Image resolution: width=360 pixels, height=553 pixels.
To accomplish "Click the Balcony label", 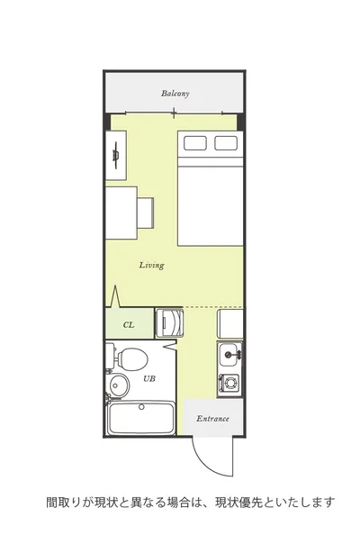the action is pos(175,94).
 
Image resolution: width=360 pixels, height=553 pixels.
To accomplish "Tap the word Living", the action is pos(151,265).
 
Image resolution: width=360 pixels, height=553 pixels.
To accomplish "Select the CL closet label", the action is pos(129,325).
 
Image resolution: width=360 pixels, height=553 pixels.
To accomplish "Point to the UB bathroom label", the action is pos(149,379).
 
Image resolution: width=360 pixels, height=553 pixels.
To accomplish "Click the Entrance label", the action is pos(212,419).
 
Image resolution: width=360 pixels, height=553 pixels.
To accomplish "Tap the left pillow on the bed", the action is pos(195,143).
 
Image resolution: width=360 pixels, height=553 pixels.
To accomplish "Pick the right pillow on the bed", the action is pos(226,143).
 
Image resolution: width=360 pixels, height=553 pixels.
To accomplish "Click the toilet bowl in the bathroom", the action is pos(132,359).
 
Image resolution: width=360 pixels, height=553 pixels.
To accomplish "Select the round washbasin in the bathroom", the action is pos(119,385).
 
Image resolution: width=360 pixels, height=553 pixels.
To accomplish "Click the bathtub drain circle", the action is pos(141,407).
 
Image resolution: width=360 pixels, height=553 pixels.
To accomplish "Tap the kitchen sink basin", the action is pos(229,355).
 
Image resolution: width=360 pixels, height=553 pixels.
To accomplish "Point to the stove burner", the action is pos(230,382).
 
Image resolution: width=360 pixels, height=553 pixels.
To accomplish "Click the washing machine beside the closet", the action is pos(169,323).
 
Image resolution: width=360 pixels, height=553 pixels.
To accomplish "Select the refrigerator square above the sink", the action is pos(229,323).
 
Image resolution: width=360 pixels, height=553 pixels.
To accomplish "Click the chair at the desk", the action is pos(146,213).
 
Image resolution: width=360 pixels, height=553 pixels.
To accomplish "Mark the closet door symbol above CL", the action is pos(116,296).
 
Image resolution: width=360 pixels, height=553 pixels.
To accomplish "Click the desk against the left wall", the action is pos(121,213).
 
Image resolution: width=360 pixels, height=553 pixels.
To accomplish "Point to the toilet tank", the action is pos(110,356).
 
